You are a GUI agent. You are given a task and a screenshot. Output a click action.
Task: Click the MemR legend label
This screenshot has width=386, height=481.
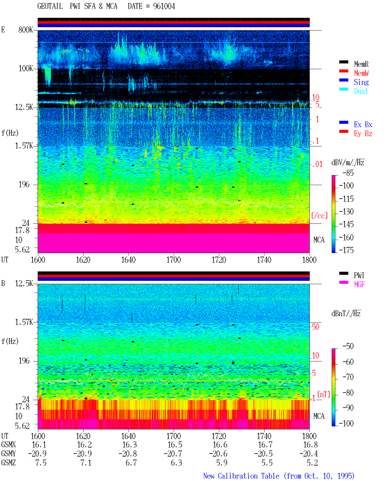pyautogui.click(x=361, y=64)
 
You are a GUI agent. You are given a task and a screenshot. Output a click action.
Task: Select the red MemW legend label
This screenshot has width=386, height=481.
pyautogui.click(x=361, y=73)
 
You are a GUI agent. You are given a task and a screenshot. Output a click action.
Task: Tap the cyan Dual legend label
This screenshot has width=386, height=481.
pyautogui.click(x=361, y=91)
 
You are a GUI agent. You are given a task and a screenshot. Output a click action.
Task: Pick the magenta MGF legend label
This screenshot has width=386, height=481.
pyautogui.click(x=359, y=284)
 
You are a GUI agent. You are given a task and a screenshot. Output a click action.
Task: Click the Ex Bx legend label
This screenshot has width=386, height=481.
pyautogui.click(x=363, y=124)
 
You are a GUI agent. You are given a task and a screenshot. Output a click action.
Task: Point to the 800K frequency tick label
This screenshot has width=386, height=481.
pyautogui.click(x=26, y=30)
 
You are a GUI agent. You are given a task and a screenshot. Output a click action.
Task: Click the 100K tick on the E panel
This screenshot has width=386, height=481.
pyautogui.click(x=26, y=69)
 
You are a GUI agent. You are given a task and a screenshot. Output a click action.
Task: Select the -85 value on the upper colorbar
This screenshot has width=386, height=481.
pyautogui.click(x=348, y=173)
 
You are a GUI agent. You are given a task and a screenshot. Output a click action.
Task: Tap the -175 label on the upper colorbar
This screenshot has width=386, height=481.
pyautogui.click(x=346, y=250)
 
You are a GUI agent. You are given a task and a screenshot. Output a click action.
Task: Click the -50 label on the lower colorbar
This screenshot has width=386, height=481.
pyautogui.click(x=348, y=346)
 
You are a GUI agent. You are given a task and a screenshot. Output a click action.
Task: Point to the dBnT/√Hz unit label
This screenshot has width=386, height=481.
pyautogui.click(x=346, y=313)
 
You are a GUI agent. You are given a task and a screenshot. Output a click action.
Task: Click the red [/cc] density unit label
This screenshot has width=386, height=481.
pyautogui.click(x=319, y=216)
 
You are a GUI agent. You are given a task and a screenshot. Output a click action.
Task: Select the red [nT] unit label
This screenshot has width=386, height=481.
pyautogui.click(x=324, y=394)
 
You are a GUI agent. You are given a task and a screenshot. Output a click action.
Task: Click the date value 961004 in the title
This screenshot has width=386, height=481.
pyautogui.click(x=164, y=6)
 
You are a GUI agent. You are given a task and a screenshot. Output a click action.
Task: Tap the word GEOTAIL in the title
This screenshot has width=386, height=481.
pyautogui.click(x=50, y=6)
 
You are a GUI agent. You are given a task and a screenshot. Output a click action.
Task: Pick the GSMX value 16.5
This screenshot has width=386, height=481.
pyautogui.click(x=175, y=445)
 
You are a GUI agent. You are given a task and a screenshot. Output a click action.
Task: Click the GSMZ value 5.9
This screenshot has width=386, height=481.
pyautogui.click(x=222, y=463)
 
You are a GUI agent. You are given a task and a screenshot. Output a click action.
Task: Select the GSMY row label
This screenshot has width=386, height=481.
pyautogui.click(x=8, y=454)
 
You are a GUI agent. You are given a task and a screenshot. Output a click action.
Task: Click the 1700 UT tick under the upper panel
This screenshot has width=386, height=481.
pyautogui.click(x=173, y=260)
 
